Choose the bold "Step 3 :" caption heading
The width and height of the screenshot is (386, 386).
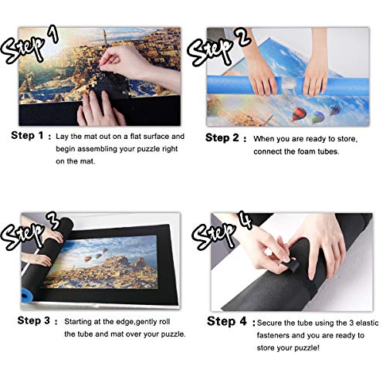click(x=31, y=318)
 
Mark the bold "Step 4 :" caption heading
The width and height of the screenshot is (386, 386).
click(x=227, y=318)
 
